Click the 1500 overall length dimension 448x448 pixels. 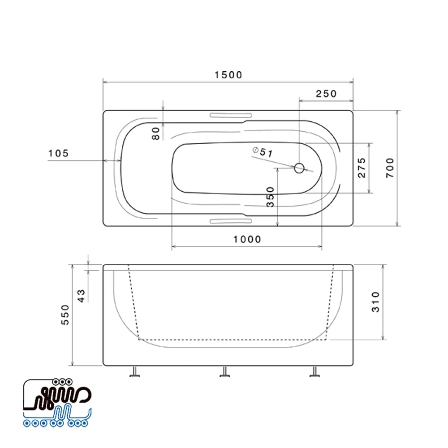click(x=228, y=75)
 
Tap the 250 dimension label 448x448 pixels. click(x=326, y=94)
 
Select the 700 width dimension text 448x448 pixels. click(x=390, y=168)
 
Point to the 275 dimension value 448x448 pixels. click(x=362, y=168)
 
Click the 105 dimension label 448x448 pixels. click(x=59, y=153)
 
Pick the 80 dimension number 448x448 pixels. click(x=156, y=134)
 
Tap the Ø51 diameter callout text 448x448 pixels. click(x=263, y=152)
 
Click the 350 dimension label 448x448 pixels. click(x=270, y=197)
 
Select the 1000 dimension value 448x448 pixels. click(x=247, y=239)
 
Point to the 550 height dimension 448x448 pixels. click(x=65, y=314)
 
